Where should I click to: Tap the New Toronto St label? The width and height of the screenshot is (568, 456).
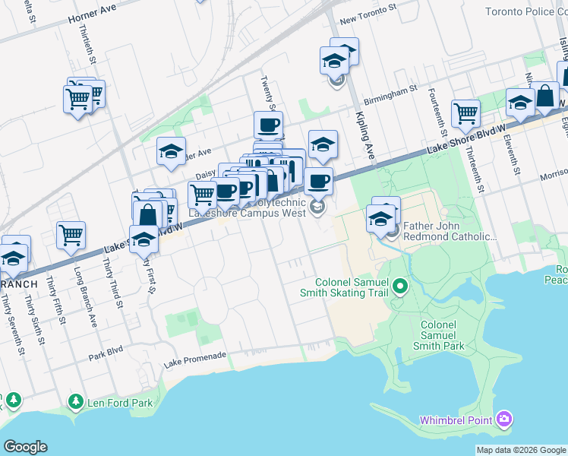368,25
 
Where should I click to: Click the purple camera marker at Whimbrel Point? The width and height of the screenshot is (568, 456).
504,420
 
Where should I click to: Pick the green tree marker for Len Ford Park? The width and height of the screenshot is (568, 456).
75,401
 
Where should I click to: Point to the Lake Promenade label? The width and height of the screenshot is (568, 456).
195,356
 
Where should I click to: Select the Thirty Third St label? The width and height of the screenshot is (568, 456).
113,285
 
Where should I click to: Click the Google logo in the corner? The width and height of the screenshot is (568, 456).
25,447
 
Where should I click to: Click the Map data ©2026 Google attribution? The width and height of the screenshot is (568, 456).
521,450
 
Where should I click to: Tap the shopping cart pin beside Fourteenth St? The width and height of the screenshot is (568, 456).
465,114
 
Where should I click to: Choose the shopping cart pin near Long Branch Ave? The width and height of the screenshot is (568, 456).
71,235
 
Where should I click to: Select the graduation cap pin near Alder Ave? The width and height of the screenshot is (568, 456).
172,150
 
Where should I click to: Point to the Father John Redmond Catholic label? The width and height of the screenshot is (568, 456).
448,231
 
